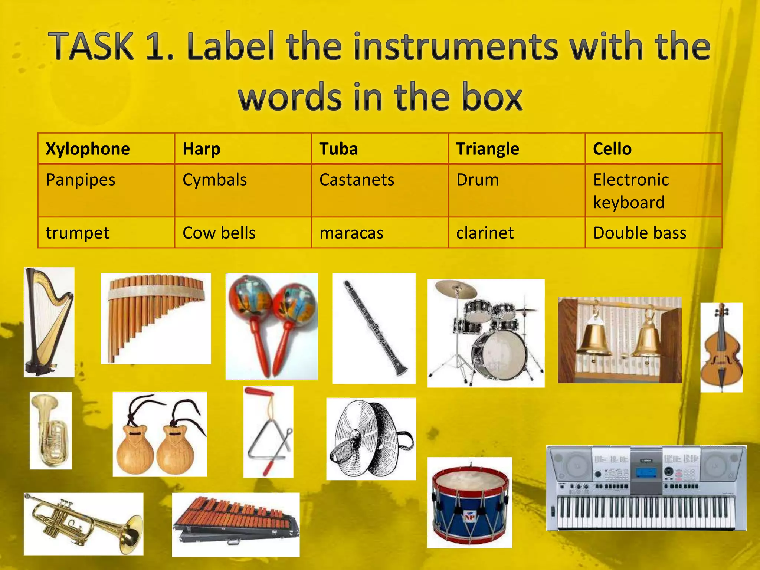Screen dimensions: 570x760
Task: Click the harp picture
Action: (49, 322)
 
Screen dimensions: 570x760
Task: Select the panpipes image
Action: (155, 318)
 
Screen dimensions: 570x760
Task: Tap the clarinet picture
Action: (374, 328)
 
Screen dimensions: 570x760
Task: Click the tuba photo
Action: (50, 430)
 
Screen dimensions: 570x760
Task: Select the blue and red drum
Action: (469, 503)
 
